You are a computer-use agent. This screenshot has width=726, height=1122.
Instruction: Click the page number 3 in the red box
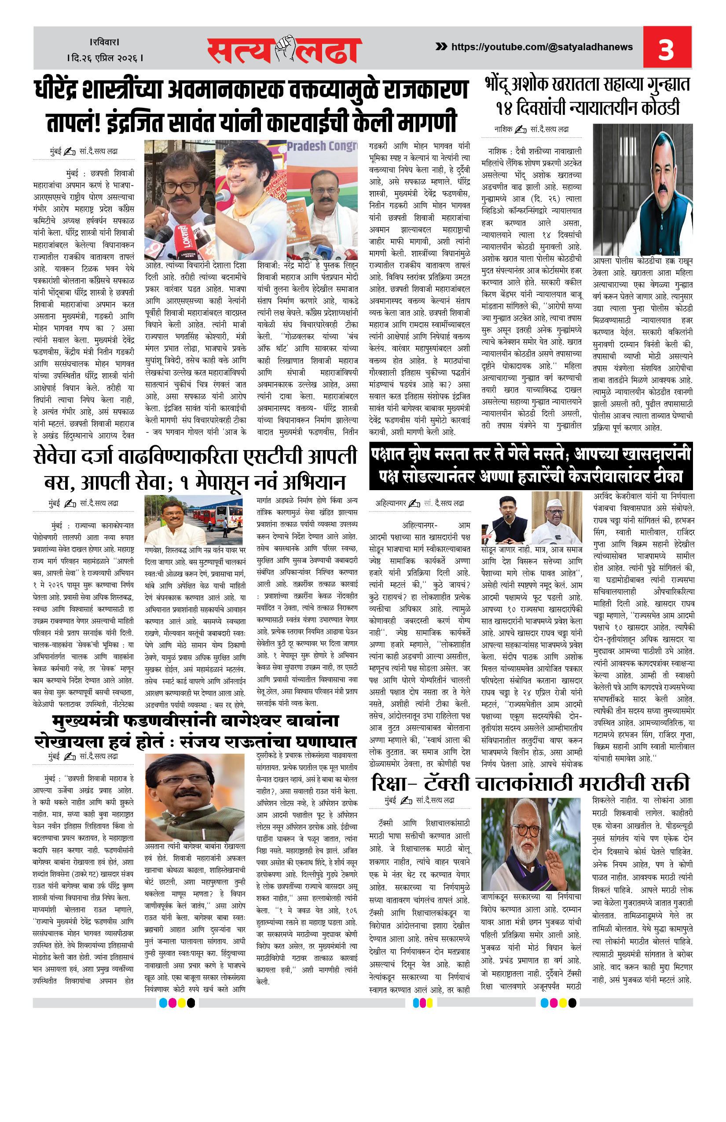(x=666, y=48)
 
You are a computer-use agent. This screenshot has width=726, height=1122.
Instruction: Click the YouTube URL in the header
(x=542, y=47)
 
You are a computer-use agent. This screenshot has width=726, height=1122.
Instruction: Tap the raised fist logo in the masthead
(x=285, y=48)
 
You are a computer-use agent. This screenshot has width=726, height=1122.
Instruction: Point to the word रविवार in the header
(x=105, y=42)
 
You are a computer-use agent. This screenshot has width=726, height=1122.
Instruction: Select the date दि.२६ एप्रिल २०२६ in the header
(x=105, y=58)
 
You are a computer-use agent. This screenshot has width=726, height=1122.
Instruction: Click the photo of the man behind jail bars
(x=642, y=190)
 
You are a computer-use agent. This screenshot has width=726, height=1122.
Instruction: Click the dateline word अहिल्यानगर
(x=390, y=503)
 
